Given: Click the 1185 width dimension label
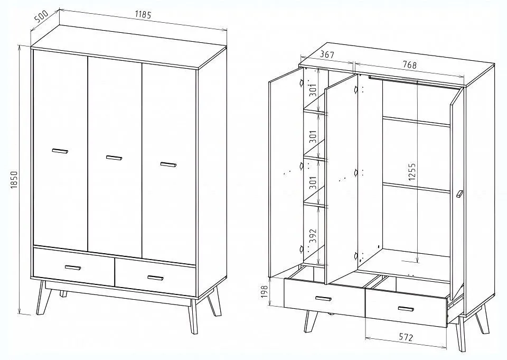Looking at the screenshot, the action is pos(143,15).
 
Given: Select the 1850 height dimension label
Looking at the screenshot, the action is pos(14,180).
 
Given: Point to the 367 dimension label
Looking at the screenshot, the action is pos(327,54).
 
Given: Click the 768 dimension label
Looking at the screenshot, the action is pos(409,64).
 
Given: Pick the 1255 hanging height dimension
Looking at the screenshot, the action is pos(411,172).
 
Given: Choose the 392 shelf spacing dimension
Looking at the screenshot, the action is pos(313,237).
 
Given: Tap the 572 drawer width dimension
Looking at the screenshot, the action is pos(406,338).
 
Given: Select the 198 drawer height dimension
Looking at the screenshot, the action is pos(265,292).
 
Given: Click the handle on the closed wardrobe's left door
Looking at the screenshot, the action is pos(60,151).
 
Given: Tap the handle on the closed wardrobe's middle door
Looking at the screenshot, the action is pos(114,158).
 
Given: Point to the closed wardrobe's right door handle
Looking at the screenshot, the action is pos(168,164).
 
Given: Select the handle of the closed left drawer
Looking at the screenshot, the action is pos(73,267).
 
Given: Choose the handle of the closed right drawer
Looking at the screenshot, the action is pos(155,278).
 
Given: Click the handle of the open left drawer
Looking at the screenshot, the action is pos(323,299).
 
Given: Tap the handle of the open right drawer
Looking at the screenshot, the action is pos(406,309).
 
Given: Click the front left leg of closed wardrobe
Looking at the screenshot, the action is pos(41,298).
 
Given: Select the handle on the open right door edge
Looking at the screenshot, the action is pos(459,194).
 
